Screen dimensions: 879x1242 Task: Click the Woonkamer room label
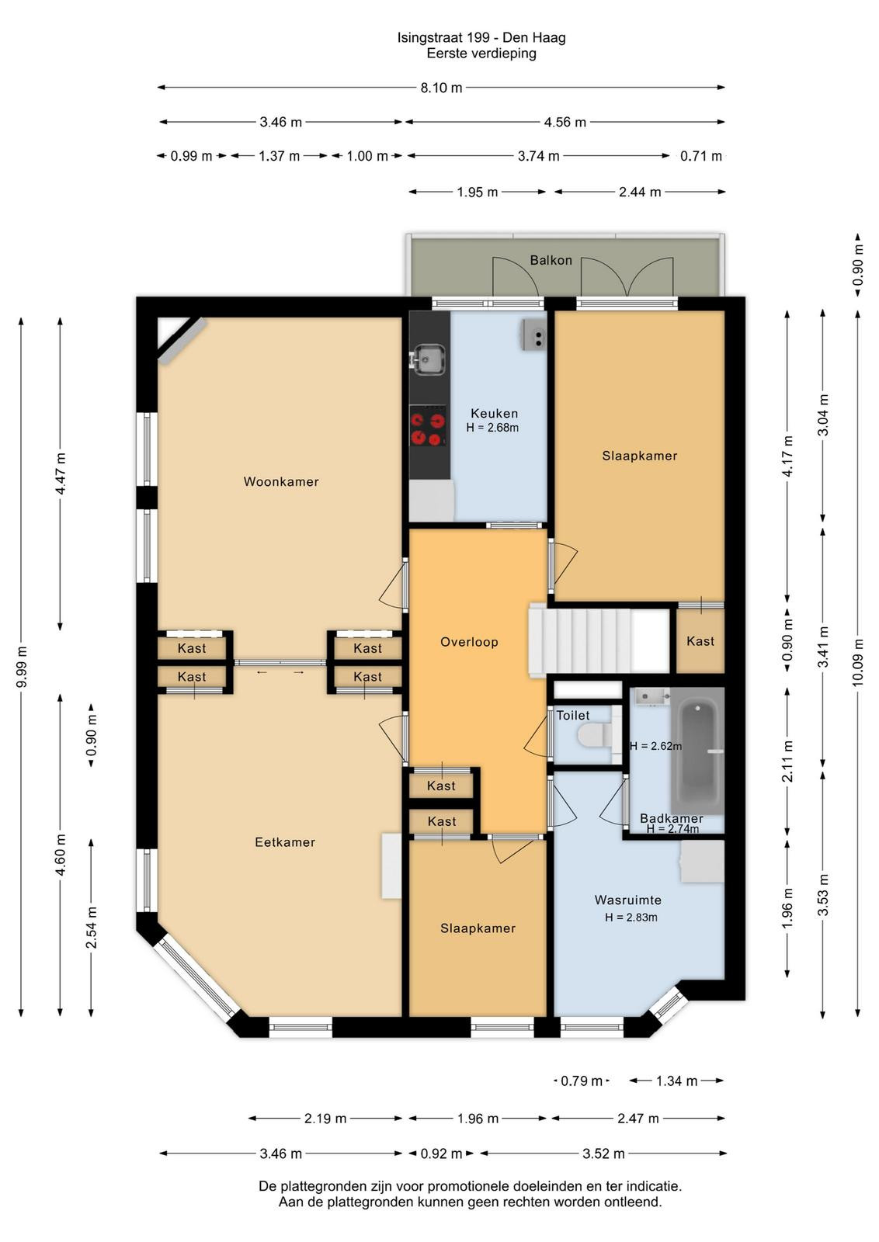point(281,481)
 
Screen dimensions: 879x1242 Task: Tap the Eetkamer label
point(285,842)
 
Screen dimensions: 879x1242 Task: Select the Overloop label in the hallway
point(469,642)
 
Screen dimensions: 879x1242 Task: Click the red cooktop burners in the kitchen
point(428,426)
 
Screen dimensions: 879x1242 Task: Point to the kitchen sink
point(428,359)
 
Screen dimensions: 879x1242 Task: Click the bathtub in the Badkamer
point(697,751)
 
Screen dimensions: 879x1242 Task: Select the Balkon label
point(551,260)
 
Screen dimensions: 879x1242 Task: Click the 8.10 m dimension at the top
point(441,88)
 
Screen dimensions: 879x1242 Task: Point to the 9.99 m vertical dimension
point(22,667)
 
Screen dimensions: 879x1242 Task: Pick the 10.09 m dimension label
point(858,662)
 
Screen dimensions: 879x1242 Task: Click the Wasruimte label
point(627,900)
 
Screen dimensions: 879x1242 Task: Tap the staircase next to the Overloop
point(599,640)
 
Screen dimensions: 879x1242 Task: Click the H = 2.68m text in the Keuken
point(492,428)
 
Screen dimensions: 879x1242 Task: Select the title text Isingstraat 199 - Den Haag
point(481,38)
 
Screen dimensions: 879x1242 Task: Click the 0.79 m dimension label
point(581,1081)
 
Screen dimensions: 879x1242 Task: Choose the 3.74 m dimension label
point(538,156)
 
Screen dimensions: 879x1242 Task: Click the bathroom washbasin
point(651,697)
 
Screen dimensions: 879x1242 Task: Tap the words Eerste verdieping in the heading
point(481,54)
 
